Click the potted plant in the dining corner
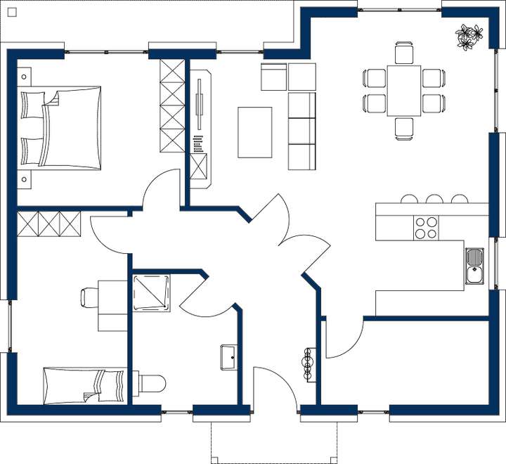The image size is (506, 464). pyautogui.click(x=469, y=37)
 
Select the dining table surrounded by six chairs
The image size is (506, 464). pyautogui.click(x=404, y=90)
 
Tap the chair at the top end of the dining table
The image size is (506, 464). pyautogui.click(x=404, y=53)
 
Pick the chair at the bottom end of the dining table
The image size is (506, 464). pyautogui.click(x=404, y=128)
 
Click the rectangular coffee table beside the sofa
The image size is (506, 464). pyautogui.click(x=255, y=132)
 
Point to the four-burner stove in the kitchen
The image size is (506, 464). pyautogui.click(x=426, y=228)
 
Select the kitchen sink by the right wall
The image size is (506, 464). pyautogui.click(x=475, y=266)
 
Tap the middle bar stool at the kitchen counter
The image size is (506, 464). pyautogui.click(x=434, y=200)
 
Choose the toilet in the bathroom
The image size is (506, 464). pyautogui.click(x=151, y=383)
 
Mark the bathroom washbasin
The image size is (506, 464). pyautogui.click(x=229, y=356)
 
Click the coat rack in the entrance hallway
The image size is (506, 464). pyautogui.click(x=307, y=363)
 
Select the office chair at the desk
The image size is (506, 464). pyautogui.click(x=90, y=297)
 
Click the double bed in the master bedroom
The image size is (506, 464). pyautogui.click(x=62, y=128)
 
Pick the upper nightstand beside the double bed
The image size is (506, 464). pyautogui.click(x=25, y=76)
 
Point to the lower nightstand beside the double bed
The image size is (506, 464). pyautogui.click(x=25, y=179)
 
